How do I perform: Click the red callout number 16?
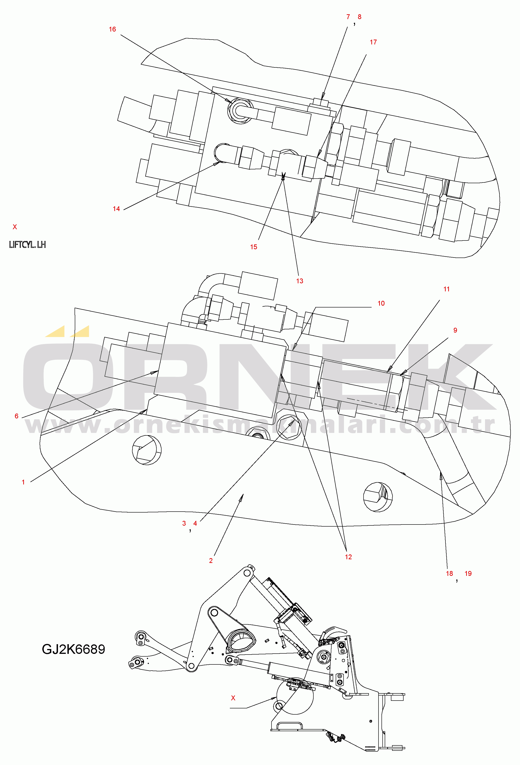pos(112,29)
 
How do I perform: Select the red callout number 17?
pos(373,42)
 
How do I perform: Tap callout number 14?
pos(116,209)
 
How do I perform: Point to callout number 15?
pos(253,247)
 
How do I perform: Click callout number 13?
pos(300,281)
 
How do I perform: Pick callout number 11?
pos(446,289)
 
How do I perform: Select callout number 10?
pos(381,303)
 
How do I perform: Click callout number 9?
pos(455,330)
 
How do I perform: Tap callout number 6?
pos(17,416)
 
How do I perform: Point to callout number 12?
pos(348,557)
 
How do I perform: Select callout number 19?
pos(468,574)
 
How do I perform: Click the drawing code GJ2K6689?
pos(73,649)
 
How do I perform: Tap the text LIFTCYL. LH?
pos(27,245)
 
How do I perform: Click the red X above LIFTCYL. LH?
pos(15,227)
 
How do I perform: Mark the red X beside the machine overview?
pos(233,698)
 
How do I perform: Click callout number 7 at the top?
pos(348,17)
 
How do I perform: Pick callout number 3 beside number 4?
pos(184,523)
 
